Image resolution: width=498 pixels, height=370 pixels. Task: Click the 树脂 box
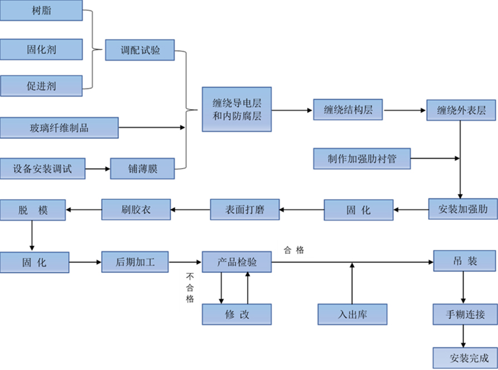(x=41, y=11)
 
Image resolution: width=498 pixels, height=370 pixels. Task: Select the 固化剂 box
(x=41, y=49)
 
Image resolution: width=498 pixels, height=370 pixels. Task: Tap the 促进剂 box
(x=41, y=86)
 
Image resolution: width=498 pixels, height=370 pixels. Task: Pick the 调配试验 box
(x=140, y=50)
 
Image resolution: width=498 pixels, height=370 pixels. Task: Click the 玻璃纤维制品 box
(x=59, y=127)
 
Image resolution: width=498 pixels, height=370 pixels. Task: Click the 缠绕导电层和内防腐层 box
(x=236, y=109)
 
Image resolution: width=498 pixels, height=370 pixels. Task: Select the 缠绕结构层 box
(x=348, y=110)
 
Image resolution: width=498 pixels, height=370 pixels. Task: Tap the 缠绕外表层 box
(x=461, y=110)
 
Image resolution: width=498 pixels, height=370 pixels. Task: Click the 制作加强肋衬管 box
(x=362, y=159)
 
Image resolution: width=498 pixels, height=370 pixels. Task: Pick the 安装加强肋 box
(x=462, y=209)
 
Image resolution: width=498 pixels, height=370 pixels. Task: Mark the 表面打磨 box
(x=244, y=210)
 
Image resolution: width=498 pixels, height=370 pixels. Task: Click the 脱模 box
(x=33, y=209)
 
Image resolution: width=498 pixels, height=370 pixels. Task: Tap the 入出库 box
(x=352, y=314)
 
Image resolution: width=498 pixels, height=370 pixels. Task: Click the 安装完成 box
(x=465, y=357)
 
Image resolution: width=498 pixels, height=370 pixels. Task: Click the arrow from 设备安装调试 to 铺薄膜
(x=98, y=168)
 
